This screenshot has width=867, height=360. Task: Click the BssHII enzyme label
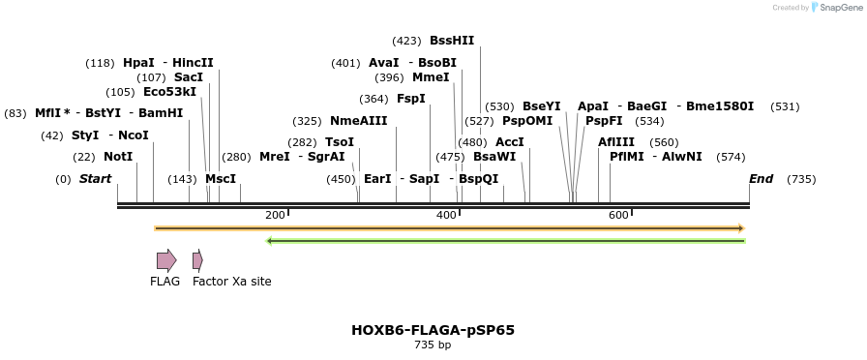pyautogui.click(x=452, y=41)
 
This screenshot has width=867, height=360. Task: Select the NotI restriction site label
pyautogui.click(x=118, y=157)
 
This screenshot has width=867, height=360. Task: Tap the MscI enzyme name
pyautogui.click(x=221, y=179)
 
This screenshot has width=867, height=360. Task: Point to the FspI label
pyautogui.click(x=411, y=99)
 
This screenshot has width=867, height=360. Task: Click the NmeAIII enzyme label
pyautogui.click(x=358, y=121)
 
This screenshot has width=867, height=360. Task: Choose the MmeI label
pyautogui.click(x=431, y=77)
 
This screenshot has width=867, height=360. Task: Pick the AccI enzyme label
pyautogui.click(x=510, y=142)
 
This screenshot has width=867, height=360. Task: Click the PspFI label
pyautogui.click(x=604, y=121)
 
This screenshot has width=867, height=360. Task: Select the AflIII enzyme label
pyautogui.click(x=616, y=142)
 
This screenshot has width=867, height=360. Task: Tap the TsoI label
pyautogui.click(x=340, y=142)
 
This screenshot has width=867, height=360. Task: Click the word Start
pyautogui.click(x=95, y=179)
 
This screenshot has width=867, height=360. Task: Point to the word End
pyautogui.click(x=762, y=179)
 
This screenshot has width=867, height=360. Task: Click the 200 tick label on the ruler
pyautogui.click(x=275, y=215)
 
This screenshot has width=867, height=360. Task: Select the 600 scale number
pyautogui.click(x=618, y=215)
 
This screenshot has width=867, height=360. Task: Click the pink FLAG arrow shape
pyautogui.click(x=166, y=260)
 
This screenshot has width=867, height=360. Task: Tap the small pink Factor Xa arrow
pyautogui.click(x=197, y=260)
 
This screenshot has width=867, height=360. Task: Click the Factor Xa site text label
pyautogui.click(x=232, y=282)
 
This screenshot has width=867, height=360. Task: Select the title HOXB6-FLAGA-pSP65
pyautogui.click(x=433, y=330)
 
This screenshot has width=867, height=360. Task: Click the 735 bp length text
pyautogui.click(x=433, y=345)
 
